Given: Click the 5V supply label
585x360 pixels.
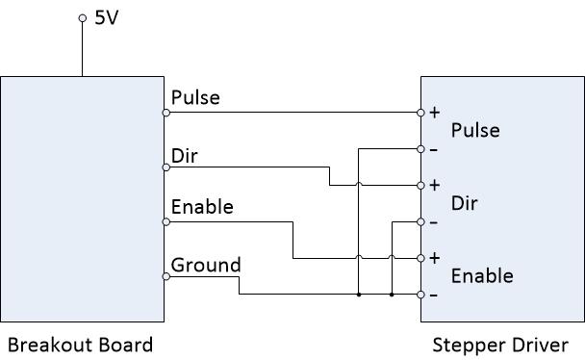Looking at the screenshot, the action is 107,17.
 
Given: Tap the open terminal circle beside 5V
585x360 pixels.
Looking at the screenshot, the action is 83,18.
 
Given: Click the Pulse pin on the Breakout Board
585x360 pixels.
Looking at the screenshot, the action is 166,113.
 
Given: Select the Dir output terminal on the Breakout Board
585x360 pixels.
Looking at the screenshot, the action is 166,167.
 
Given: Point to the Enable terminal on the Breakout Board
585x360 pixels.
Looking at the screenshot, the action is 166,222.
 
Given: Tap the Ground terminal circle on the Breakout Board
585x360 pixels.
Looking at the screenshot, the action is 166,277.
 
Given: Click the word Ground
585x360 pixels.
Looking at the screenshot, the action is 206,265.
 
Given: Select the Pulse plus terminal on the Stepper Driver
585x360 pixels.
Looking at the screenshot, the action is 420,113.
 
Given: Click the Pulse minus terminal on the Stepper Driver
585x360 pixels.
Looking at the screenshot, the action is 420,149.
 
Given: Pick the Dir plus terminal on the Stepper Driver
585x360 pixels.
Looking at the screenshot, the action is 420,186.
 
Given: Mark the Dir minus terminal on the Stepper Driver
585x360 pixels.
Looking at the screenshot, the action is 420,222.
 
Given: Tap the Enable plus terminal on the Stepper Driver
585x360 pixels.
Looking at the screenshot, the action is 420,258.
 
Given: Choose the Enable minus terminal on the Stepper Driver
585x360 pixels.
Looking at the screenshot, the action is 420,295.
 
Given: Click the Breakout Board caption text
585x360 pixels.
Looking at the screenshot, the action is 80,345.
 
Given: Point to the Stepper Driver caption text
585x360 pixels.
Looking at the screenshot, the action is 500,345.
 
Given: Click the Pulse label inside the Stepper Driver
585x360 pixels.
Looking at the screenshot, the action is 475,130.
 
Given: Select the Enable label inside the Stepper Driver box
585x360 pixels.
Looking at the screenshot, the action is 482,275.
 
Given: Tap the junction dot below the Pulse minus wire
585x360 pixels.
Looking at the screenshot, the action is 359,295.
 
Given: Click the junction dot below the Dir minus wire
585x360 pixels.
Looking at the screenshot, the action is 392,295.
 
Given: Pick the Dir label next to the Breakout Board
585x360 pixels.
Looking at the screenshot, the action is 184,156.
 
